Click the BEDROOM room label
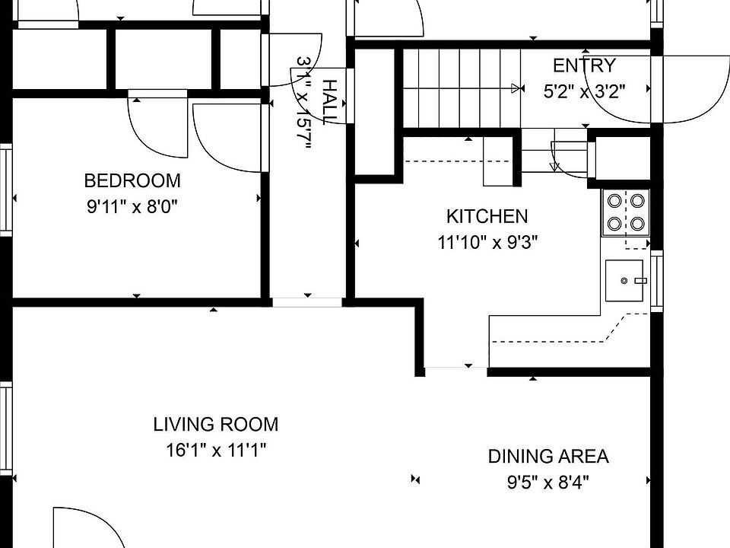click(x=132, y=181)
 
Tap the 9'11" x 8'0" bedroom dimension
click(x=132, y=206)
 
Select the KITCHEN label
click(x=487, y=217)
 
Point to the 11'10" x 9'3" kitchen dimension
click(x=487, y=242)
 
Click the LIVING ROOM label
click(x=216, y=425)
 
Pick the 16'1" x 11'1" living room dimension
click(x=216, y=450)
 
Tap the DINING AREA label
click(x=548, y=457)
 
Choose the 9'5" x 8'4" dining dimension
click(x=548, y=483)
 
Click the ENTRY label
click(x=584, y=65)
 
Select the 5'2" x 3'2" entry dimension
click(x=584, y=91)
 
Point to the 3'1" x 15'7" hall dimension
click(x=303, y=103)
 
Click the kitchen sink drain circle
click(x=624, y=281)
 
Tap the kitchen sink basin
click(x=624, y=281)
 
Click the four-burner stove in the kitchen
click(x=626, y=212)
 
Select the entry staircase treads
click(x=461, y=88)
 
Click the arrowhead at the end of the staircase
click(x=516, y=88)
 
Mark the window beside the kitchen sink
click(x=656, y=281)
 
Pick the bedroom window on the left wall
click(x=5, y=190)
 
